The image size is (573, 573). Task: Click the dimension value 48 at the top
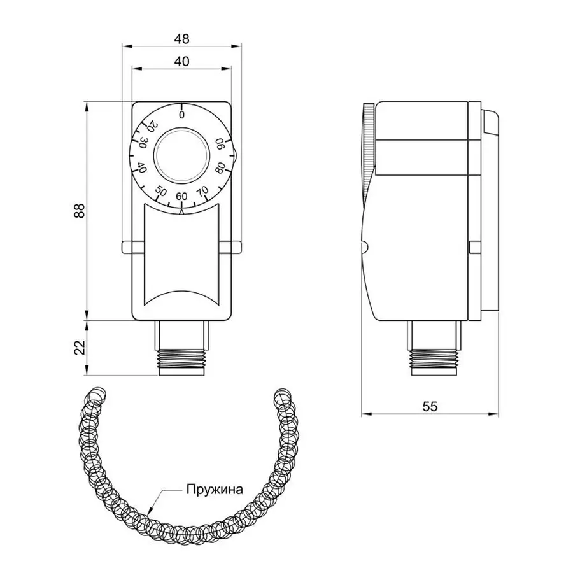182,39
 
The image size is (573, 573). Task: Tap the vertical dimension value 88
79,211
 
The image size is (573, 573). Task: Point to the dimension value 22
79,348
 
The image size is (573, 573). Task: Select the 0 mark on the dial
182,115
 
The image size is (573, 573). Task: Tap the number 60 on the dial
181,196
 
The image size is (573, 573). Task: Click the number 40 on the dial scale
142,169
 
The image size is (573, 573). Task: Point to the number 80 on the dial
220,169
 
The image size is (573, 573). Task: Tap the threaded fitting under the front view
182,360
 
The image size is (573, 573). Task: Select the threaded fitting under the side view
434,360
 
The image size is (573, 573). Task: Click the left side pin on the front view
126,246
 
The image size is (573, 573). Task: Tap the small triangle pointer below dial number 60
182,213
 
